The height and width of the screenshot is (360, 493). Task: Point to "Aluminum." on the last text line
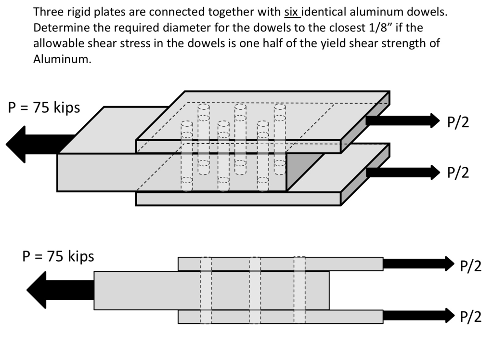point(62,59)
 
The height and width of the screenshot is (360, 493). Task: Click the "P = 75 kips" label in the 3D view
point(44,108)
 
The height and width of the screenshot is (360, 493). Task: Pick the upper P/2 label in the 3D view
point(458,123)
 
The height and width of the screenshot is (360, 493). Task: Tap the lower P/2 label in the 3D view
point(458,173)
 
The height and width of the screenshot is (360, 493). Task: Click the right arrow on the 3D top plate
point(402,120)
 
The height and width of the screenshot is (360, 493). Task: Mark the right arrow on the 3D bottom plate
point(402,172)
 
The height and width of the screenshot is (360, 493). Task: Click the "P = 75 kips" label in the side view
point(58,256)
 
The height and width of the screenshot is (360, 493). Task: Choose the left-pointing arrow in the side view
point(60,290)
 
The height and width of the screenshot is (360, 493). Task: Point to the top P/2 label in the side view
point(471,266)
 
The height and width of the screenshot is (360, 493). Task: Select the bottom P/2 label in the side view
point(471,317)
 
